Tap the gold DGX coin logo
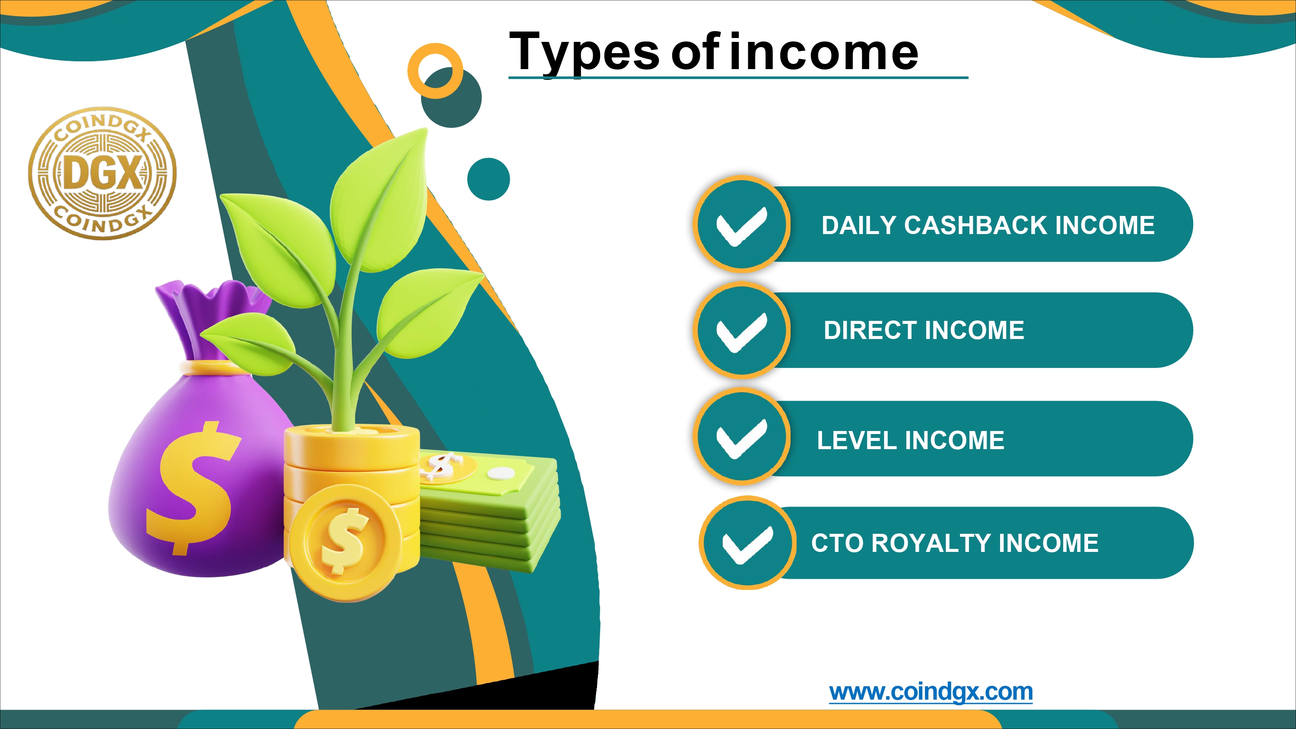(x=102, y=173)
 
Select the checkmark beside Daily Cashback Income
(x=742, y=226)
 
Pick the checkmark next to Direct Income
(x=742, y=332)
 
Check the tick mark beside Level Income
(x=742, y=437)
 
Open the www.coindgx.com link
(x=931, y=692)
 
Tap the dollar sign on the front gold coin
(x=345, y=541)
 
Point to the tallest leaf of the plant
(x=378, y=201)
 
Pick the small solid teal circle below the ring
(x=489, y=179)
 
